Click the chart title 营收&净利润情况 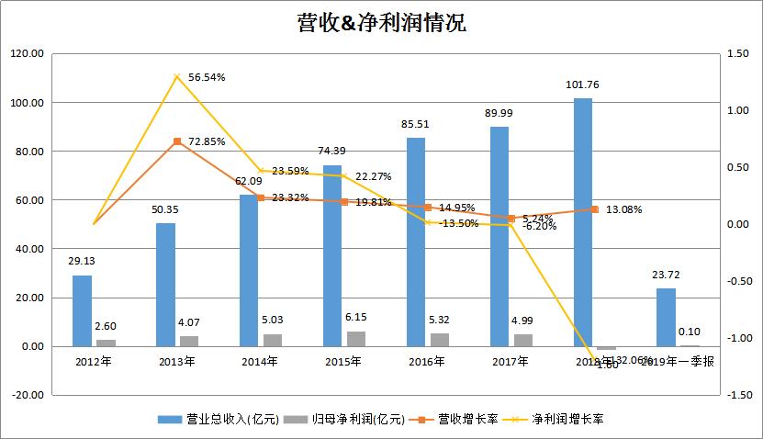(381, 23)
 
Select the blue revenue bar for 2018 (583, 220)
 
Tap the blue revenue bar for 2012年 (83, 310)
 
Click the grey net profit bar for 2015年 (356, 338)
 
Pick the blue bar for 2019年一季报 (666, 317)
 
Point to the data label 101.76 (583, 85)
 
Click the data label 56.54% (207, 78)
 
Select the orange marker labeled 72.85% (176, 141)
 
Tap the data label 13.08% (623, 209)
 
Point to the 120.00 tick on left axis (28, 54)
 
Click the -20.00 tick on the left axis (28, 395)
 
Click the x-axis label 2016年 (427, 361)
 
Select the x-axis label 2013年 (176, 361)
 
